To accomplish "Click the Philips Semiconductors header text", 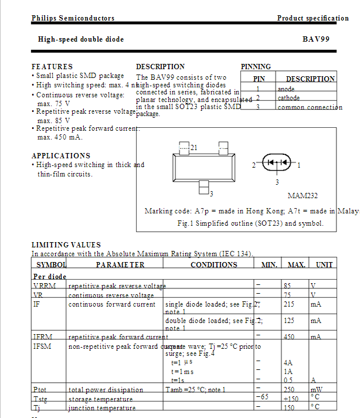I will point(73,18).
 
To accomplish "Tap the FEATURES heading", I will point(52,67).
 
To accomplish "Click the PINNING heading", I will point(256,67).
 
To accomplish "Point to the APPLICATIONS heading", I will point(61,156).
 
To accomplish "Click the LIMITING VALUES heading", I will point(66,244).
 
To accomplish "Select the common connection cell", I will point(310,107).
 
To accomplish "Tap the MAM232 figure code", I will point(303,196).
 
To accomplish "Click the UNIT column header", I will point(324,265).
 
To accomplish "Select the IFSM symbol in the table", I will point(41,346).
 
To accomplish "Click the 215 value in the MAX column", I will point(289,305).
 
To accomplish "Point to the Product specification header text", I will point(313,18).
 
